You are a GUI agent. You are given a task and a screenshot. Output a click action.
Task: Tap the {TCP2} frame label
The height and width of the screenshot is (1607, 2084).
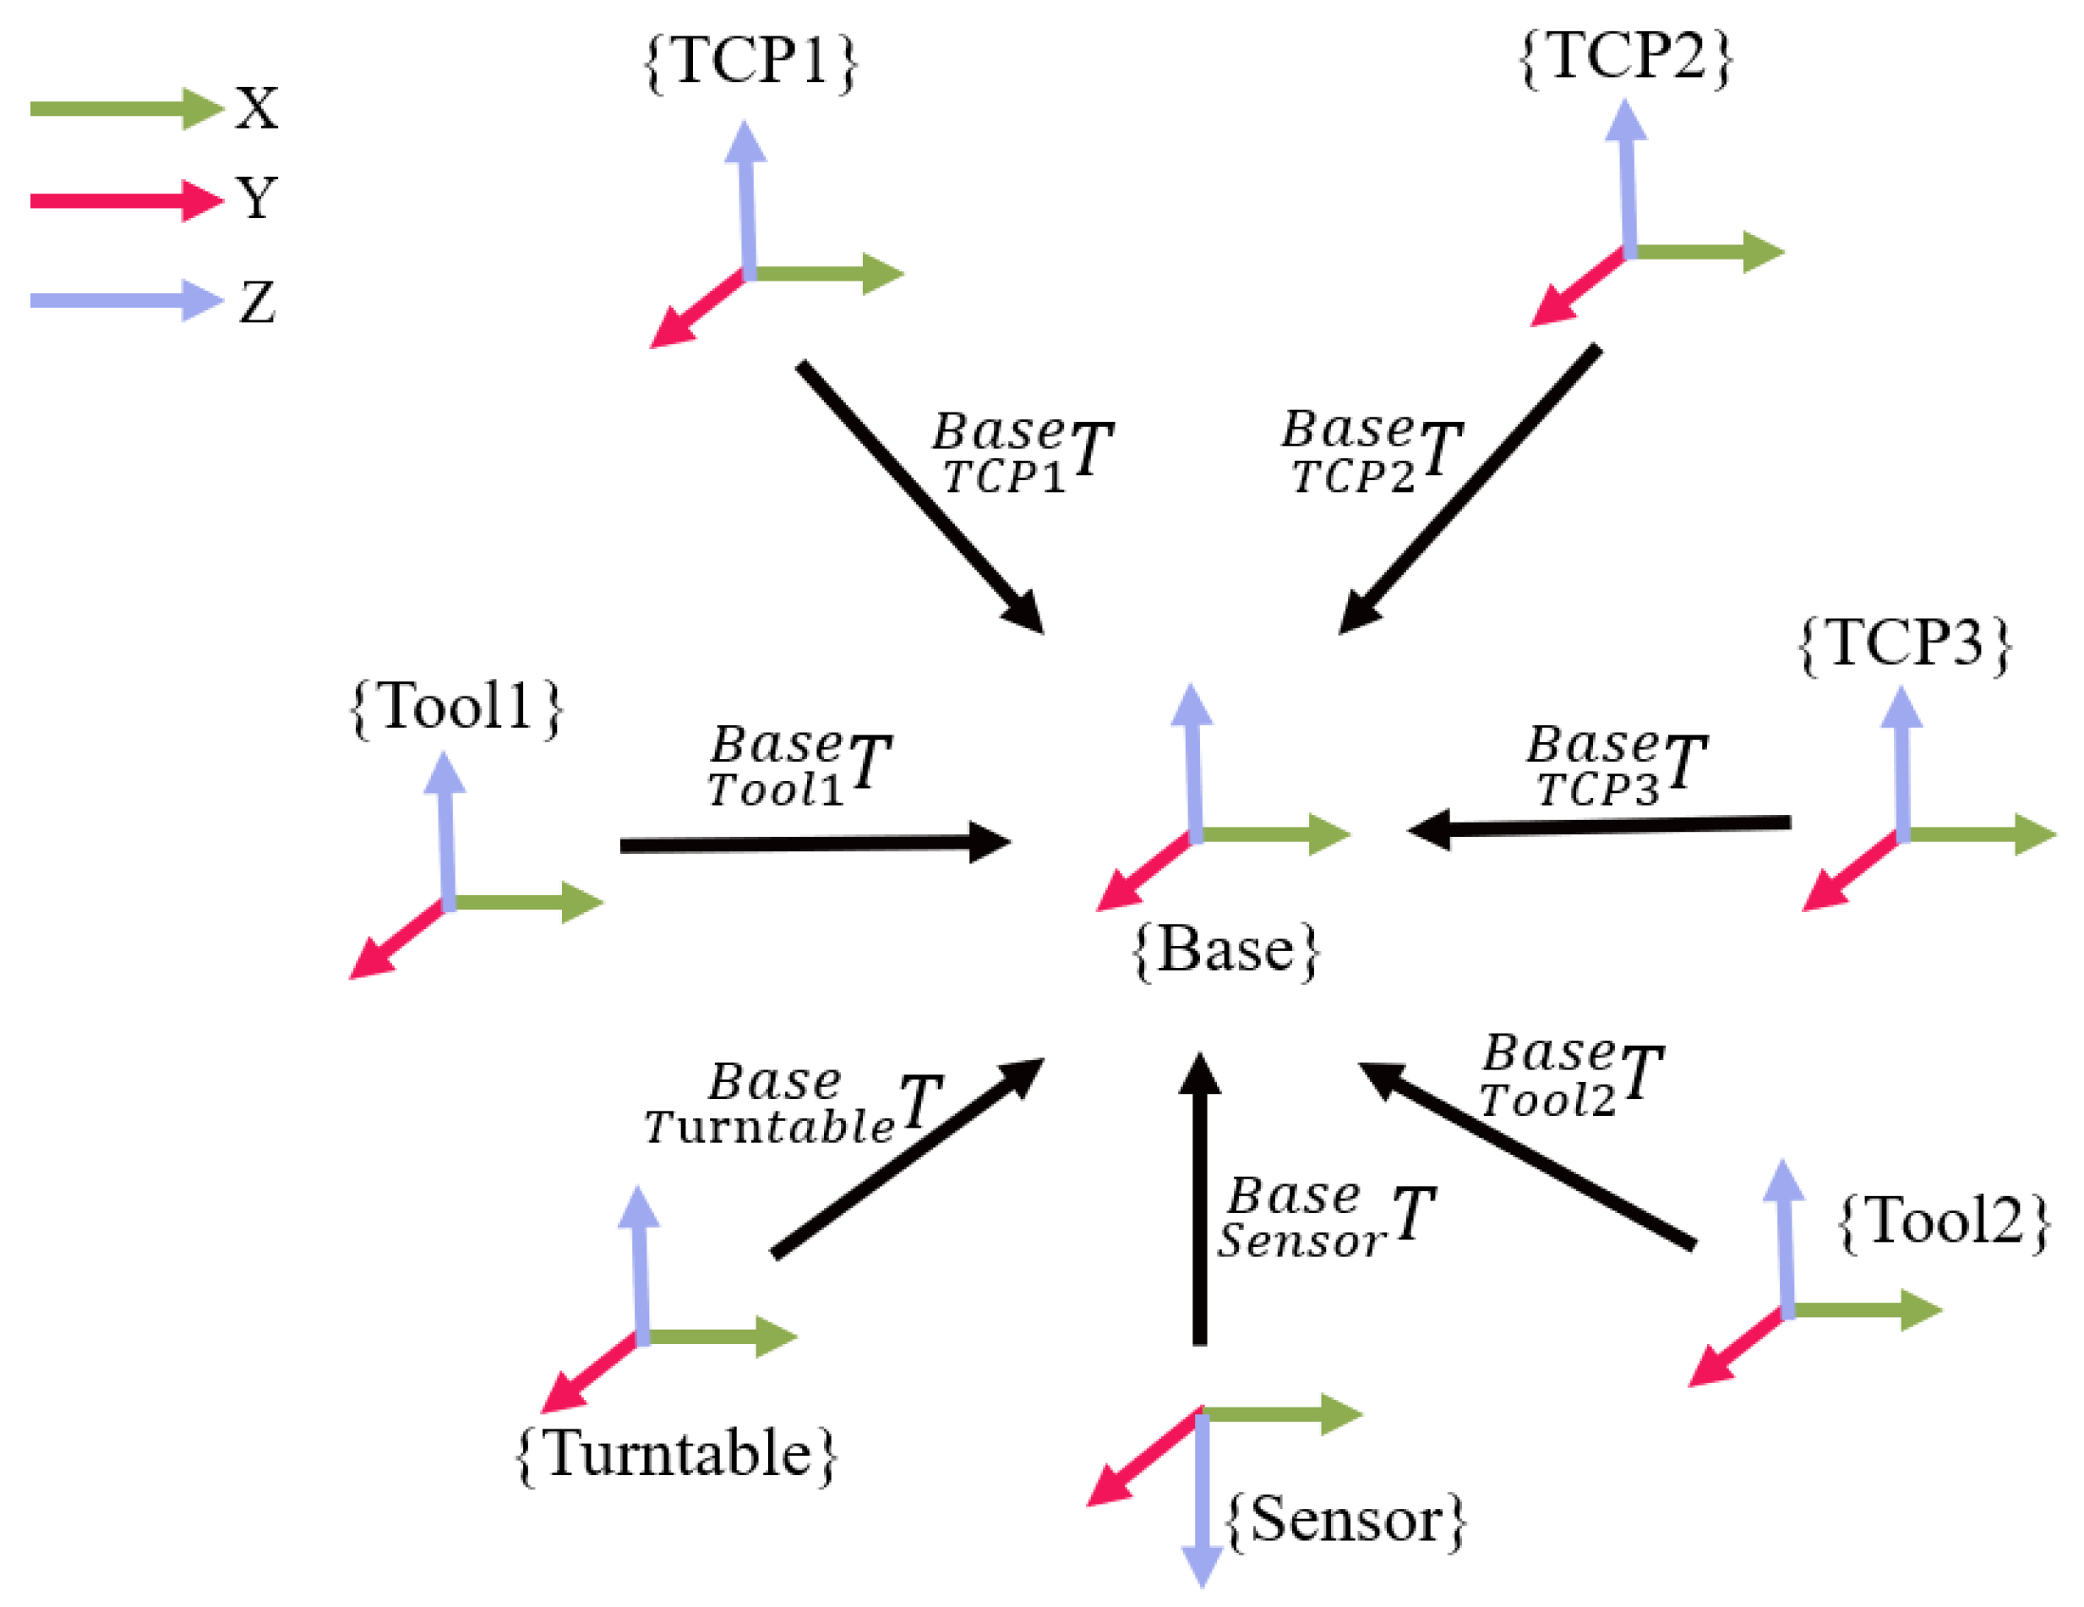[1625, 57]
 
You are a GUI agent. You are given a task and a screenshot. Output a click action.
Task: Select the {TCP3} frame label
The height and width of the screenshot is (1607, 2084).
[1905, 644]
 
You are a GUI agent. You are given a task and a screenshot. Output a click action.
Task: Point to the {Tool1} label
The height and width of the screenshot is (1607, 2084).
[457, 708]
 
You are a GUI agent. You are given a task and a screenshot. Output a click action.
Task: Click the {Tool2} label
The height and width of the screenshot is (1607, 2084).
[1943, 1222]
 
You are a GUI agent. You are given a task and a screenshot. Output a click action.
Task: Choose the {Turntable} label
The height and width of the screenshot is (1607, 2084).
[675, 1454]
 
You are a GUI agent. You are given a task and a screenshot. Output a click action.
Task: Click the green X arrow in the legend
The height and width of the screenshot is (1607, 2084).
[124, 109]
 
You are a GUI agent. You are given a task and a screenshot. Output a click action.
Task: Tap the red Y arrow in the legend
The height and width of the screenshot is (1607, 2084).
[124, 200]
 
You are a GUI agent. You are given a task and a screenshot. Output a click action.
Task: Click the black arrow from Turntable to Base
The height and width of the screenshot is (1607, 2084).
[907, 1160]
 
